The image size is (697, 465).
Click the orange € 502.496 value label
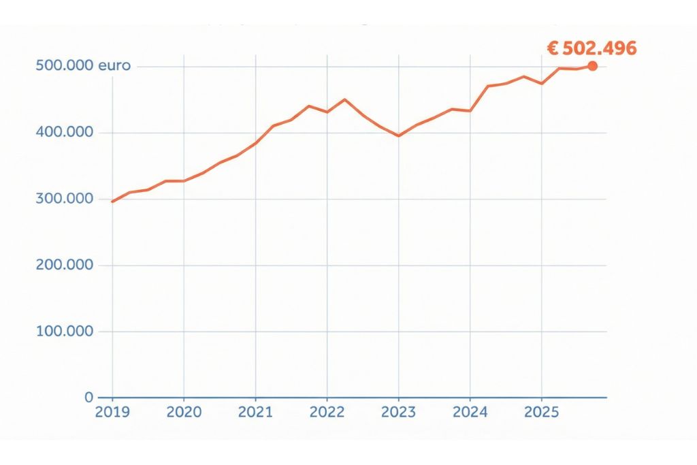tap(591, 48)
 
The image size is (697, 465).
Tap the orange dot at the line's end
tap(592, 66)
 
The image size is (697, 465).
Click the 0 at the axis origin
tap(88, 397)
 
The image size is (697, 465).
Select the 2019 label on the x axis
tap(112, 413)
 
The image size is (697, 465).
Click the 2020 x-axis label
tap(184, 413)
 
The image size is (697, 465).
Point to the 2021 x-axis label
tap(255, 413)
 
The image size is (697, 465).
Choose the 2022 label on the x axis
tap(327, 413)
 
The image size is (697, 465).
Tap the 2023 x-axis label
tap(398, 413)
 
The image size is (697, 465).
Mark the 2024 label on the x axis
tap(470, 413)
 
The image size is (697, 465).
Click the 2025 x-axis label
tap(541, 413)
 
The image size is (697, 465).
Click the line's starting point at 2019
tap(112, 202)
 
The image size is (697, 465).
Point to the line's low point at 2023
tap(398, 136)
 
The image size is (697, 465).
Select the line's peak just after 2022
tap(344, 99)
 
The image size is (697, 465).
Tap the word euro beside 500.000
tap(114, 66)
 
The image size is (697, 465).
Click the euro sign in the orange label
tap(553, 48)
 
